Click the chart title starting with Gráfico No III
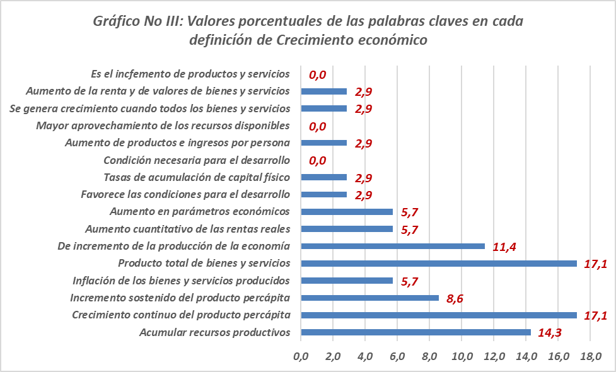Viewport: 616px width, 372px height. [x=308, y=30]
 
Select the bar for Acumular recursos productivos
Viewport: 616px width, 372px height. [x=416, y=332]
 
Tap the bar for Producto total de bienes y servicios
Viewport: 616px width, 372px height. [x=439, y=263]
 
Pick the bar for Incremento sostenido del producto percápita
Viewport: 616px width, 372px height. [x=370, y=298]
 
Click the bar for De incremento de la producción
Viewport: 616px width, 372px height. [x=393, y=246]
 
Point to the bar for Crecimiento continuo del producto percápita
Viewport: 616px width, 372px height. [x=439, y=315]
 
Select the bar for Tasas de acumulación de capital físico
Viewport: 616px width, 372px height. [x=324, y=177]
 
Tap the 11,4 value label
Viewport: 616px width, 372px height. [x=504, y=247]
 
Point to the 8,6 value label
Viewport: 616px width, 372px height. [x=455, y=298]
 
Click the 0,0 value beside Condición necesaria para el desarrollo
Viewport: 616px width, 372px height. [x=317, y=160]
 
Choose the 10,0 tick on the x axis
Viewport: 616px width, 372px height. [x=462, y=357]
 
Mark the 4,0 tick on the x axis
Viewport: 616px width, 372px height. [x=366, y=357]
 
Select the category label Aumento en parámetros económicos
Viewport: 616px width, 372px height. [x=199, y=211]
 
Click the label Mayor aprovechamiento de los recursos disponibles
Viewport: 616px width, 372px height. [x=163, y=125]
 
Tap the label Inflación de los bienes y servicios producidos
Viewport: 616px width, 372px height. [x=181, y=280]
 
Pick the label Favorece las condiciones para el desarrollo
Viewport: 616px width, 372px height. [x=186, y=194]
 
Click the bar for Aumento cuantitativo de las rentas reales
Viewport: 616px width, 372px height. [x=347, y=229]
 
